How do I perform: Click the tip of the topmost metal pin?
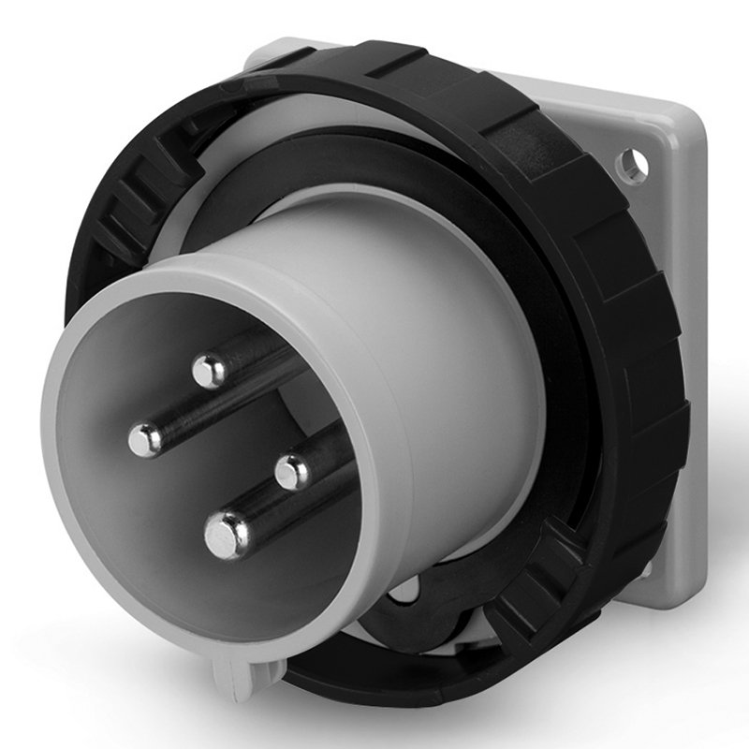(210, 371)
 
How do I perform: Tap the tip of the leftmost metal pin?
(146, 439)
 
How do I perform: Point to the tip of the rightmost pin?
(294, 471)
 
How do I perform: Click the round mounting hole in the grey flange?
(631, 165)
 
